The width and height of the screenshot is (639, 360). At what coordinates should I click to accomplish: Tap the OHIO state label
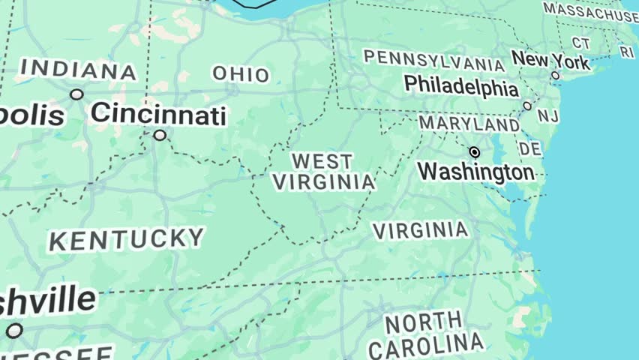241,74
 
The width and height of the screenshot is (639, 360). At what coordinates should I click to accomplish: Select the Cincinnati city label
157,115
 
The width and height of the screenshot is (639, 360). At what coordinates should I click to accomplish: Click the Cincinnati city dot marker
160,135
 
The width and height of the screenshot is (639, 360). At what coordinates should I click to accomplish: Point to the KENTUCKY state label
126,240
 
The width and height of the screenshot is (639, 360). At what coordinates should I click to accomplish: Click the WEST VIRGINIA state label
323,172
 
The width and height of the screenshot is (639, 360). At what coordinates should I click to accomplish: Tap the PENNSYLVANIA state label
433,61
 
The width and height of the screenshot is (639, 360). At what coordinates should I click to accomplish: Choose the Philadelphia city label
461,87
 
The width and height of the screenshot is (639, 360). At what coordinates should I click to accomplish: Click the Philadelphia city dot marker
527,106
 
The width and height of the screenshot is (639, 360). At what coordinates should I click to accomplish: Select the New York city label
550,59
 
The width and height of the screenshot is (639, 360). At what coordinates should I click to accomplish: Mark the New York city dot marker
555,75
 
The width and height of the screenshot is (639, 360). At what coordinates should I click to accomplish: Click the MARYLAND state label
469,123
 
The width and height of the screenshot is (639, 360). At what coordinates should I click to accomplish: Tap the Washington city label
475,172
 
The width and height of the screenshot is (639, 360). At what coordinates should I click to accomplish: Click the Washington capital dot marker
474,152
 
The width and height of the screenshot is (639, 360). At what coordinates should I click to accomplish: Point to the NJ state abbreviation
548,116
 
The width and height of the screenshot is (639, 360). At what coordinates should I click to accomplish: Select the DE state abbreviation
530,148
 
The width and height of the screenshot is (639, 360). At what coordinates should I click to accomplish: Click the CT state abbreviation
581,43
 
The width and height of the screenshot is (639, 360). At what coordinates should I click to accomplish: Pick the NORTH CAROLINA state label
425,335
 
